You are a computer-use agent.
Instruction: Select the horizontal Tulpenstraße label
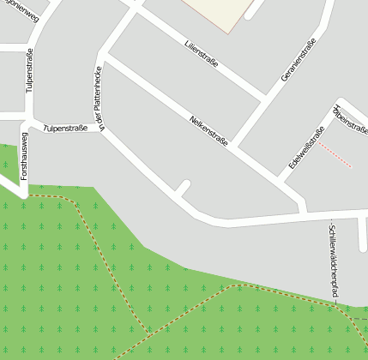pyautogui.click(x=66, y=127)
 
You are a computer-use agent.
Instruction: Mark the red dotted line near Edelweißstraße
pyautogui.click(x=335, y=155)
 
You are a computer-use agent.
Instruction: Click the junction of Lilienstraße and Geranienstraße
pyautogui.click(x=262, y=100)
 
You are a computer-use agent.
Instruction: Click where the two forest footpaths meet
pyautogui.click(x=151, y=333)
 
